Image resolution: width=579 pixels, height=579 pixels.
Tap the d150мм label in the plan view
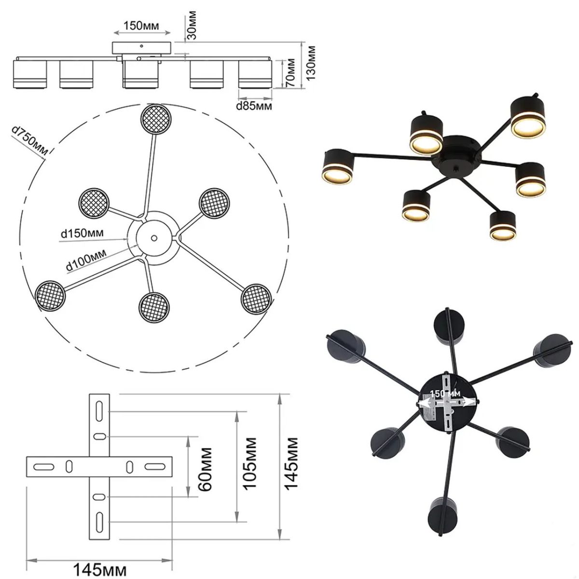83,233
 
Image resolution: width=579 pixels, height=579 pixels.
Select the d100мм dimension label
86,260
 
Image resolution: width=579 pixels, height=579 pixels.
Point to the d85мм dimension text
254,106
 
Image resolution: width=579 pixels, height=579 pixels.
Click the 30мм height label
192,25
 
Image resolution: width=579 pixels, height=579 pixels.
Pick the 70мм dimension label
290,73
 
